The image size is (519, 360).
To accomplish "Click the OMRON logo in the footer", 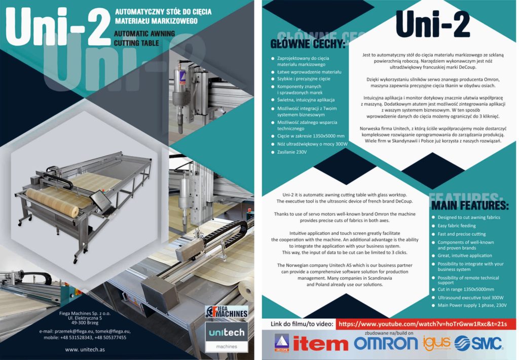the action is (386, 343).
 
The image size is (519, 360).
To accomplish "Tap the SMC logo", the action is (478, 343).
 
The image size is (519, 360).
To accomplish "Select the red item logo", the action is (320, 344).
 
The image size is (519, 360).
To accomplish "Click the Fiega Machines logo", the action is (227, 312).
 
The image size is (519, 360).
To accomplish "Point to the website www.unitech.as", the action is (85, 349).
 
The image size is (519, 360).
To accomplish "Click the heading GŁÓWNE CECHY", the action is (308, 44).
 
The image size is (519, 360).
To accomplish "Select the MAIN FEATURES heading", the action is (470, 205).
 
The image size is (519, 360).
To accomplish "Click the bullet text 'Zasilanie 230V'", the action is (292, 152).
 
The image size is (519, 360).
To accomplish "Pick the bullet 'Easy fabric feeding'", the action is (457, 226).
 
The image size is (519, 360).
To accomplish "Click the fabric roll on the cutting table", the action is (52, 202).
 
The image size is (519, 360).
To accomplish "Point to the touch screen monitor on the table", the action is (99, 200).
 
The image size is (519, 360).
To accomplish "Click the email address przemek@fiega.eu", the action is (74, 331).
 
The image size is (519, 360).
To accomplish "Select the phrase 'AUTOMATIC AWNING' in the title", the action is (144, 33).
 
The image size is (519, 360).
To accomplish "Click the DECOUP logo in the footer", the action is (282, 343).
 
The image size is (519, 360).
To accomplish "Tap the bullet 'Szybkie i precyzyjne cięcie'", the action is (304, 79).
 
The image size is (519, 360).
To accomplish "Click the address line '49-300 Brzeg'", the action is (85, 322).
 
